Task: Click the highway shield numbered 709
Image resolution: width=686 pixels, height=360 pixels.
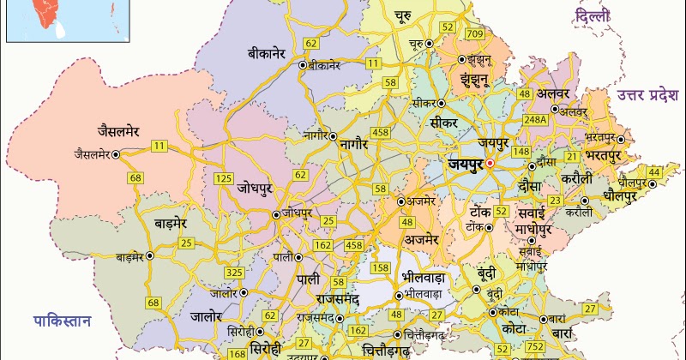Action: [472, 32]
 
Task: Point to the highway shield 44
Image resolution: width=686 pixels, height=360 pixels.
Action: [655, 173]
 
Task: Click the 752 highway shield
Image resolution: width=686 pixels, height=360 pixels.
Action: [536, 346]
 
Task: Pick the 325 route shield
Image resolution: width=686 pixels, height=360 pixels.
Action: [234, 273]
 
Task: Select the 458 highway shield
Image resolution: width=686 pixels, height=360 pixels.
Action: [352, 247]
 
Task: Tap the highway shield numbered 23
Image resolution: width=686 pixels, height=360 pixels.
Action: [555, 201]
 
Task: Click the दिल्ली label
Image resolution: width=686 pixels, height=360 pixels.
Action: [593, 16]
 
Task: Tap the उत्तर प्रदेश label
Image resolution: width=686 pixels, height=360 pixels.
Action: [647, 93]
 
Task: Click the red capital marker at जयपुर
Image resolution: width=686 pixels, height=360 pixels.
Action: [490, 162]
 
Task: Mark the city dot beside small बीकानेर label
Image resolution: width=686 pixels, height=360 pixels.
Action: [303, 64]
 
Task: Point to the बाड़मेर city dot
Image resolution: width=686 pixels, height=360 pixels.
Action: [149, 255]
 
